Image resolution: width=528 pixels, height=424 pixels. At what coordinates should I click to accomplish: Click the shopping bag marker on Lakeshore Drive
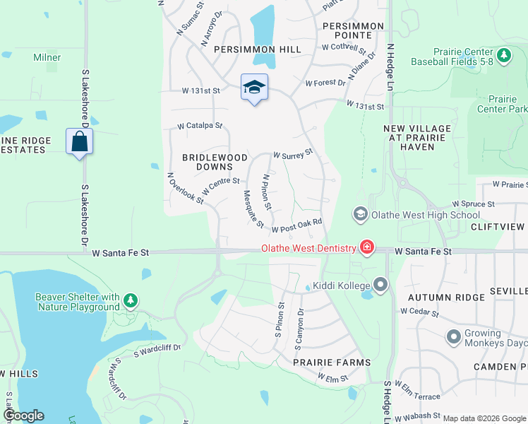(80, 141)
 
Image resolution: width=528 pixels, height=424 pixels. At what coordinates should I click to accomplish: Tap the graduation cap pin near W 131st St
(254, 87)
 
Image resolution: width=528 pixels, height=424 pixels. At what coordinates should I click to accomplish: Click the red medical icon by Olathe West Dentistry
(366, 247)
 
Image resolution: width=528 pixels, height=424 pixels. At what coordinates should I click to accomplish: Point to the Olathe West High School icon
(360, 214)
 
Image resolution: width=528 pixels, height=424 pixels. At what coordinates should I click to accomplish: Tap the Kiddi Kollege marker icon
(381, 285)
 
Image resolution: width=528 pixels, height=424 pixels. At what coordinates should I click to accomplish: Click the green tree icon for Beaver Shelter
(131, 301)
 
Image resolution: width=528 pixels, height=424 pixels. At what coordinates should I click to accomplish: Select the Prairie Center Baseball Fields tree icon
(503, 56)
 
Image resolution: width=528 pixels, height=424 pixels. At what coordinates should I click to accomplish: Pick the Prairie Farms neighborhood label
(332, 363)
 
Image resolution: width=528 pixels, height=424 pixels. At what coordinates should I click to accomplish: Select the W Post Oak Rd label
(297, 225)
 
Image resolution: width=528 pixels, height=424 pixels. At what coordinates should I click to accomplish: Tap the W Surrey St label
(292, 153)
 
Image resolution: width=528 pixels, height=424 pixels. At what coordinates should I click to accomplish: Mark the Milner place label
(47, 57)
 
